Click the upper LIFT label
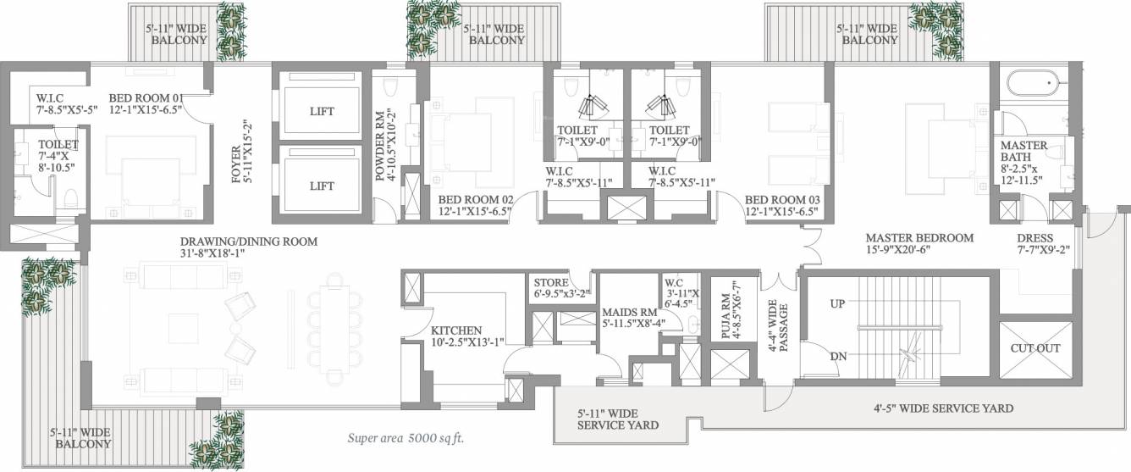[x=322, y=111]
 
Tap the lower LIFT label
[x=322, y=186]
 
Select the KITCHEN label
[x=456, y=330]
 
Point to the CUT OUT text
[x=1035, y=348]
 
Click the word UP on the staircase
[x=837, y=303]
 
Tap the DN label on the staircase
[x=839, y=356]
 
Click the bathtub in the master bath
[x=1034, y=82]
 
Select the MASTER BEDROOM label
[x=919, y=237]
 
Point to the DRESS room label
[x=1035, y=237]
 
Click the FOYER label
[x=236, y=164]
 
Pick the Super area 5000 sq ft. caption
[x=406, y=438]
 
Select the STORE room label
[x=551, y=282]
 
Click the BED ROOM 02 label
[x=476, y=200]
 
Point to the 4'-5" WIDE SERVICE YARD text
[x=944, y=408]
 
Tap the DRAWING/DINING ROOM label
[x=249, y=242]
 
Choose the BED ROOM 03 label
[x=782, y=200]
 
